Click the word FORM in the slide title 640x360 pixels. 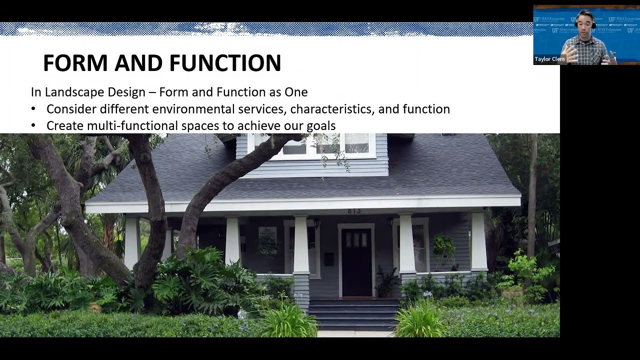click(75, 63)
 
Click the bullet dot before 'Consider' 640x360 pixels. click(33, 109)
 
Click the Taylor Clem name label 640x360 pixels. click(549, 59)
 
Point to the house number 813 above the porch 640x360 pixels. click(354, 211)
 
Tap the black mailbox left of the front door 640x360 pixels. click(328, 258)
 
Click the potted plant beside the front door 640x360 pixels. click(386, 282)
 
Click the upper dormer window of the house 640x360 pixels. click(325, 143)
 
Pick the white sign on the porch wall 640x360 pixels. click(267, 235)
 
